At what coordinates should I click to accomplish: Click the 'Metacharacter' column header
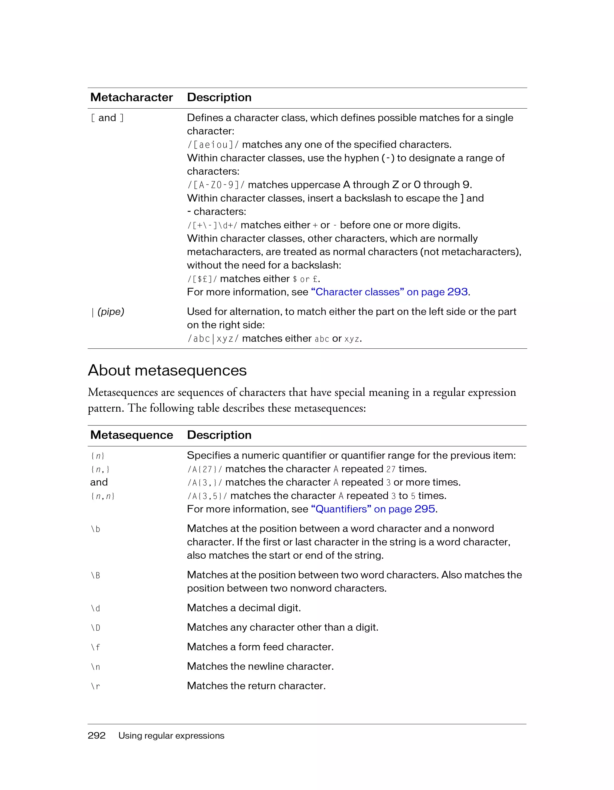[x=132, y=97]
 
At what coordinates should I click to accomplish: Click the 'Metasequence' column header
[x=132, y=435]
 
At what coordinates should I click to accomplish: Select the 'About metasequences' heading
[x=167, y=371]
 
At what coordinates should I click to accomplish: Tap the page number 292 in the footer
[x=97, y=735]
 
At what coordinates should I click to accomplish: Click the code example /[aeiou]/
[x=213, y=145]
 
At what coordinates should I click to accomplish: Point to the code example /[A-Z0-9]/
[x=216, y=185]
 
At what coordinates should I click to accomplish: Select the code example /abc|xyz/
[x=213, y=338]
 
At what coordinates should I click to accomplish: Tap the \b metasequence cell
[x=95, y=529]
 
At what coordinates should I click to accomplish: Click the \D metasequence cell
[x=95, y=628]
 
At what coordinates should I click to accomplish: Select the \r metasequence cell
[x=95, y=686]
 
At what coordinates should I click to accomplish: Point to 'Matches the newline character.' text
[x=260, y=666]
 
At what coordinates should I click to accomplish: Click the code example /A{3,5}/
[x=207, y=496]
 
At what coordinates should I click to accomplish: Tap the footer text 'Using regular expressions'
[x=171, y=735]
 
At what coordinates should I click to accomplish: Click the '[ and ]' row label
[x=107, y=118]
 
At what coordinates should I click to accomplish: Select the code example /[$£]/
[x=202, y=279]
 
